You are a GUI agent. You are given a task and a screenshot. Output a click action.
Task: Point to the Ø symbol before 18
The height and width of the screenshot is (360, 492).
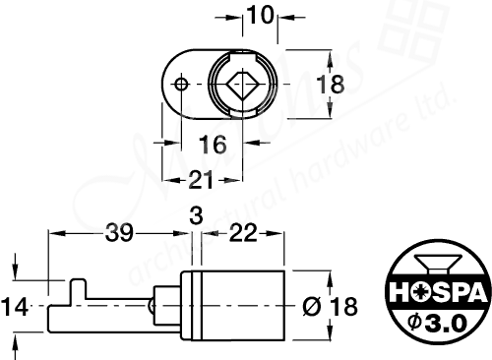pyautogui.click(x=311, y=306)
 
